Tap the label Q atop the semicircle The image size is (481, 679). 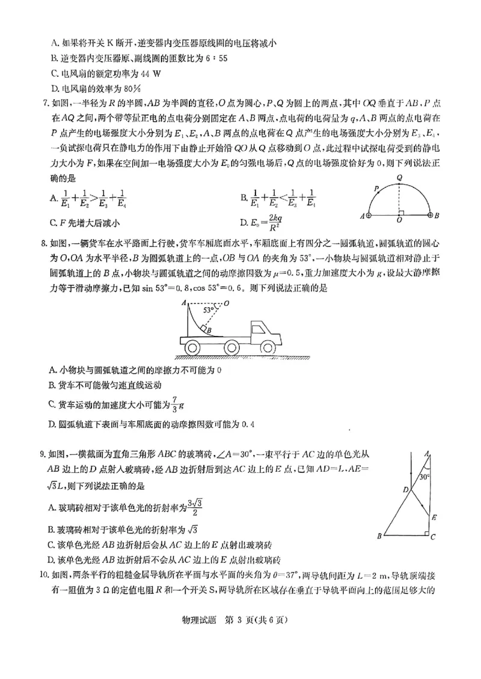(x=399, y=177)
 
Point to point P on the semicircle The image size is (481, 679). (x=376, y=189)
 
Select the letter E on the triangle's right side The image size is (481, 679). (x=434, y=516)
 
